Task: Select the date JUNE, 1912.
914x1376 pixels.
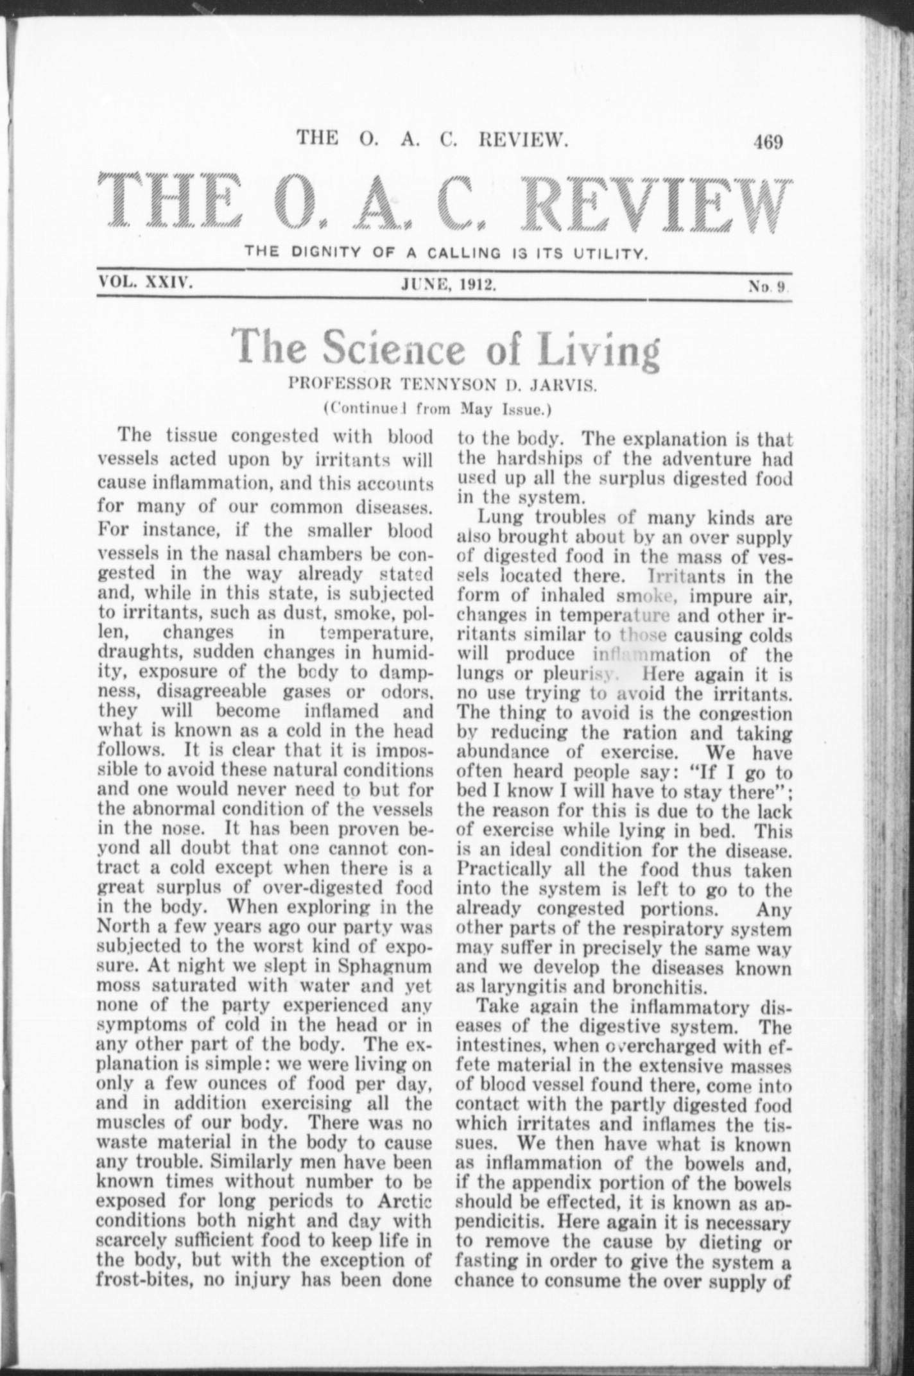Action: [447, 284]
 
